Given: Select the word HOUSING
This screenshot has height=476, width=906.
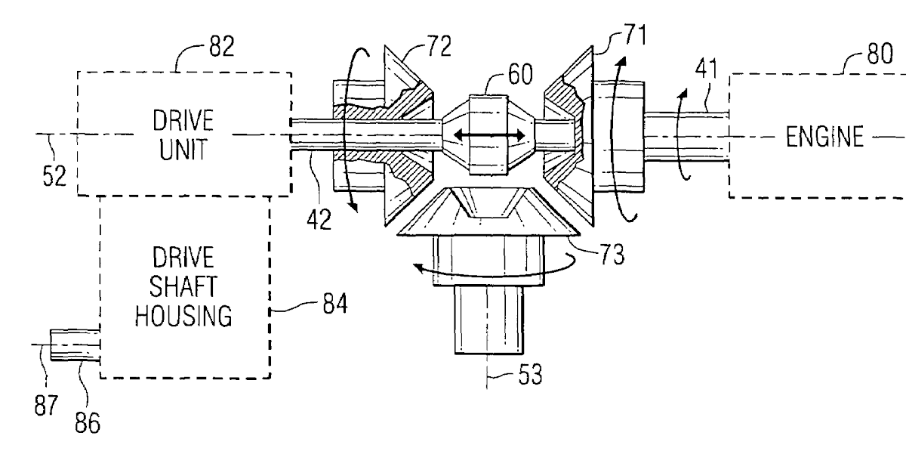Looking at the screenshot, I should click(x=183, y=317).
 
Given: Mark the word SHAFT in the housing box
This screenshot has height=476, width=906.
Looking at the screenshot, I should click(x=183, y=287).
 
